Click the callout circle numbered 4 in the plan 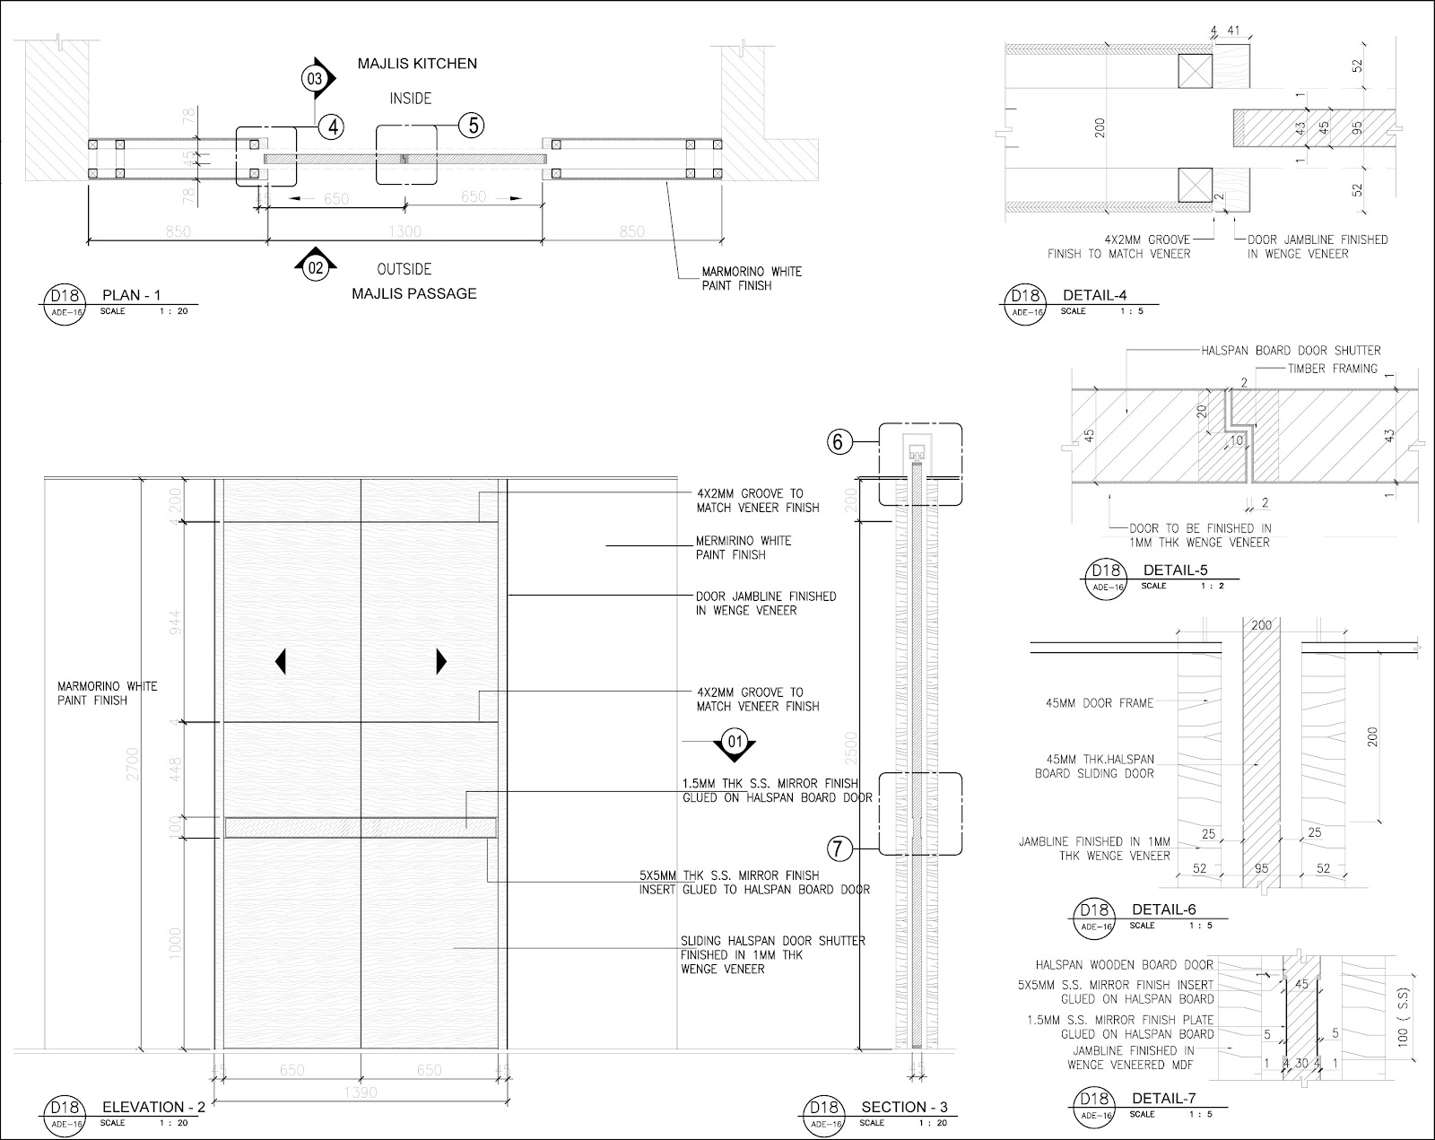pos(333,126)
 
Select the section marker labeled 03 pos(315,79)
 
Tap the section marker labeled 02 pos(315,266)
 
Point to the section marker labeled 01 pos(735,742)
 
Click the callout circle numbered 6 pos(839,441)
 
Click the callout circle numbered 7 pos(838,848)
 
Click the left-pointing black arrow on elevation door pos(281,662)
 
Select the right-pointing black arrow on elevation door pos(441,662)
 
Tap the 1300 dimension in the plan pos(405,232)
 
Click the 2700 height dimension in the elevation pos(133,762)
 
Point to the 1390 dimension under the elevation pos(361,1092)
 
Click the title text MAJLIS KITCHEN pos(417,64)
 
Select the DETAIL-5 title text pos(1175,570)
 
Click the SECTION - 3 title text pos(904,1107)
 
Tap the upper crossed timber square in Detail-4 pos(1195,70)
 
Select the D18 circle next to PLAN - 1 pos(58,297)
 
